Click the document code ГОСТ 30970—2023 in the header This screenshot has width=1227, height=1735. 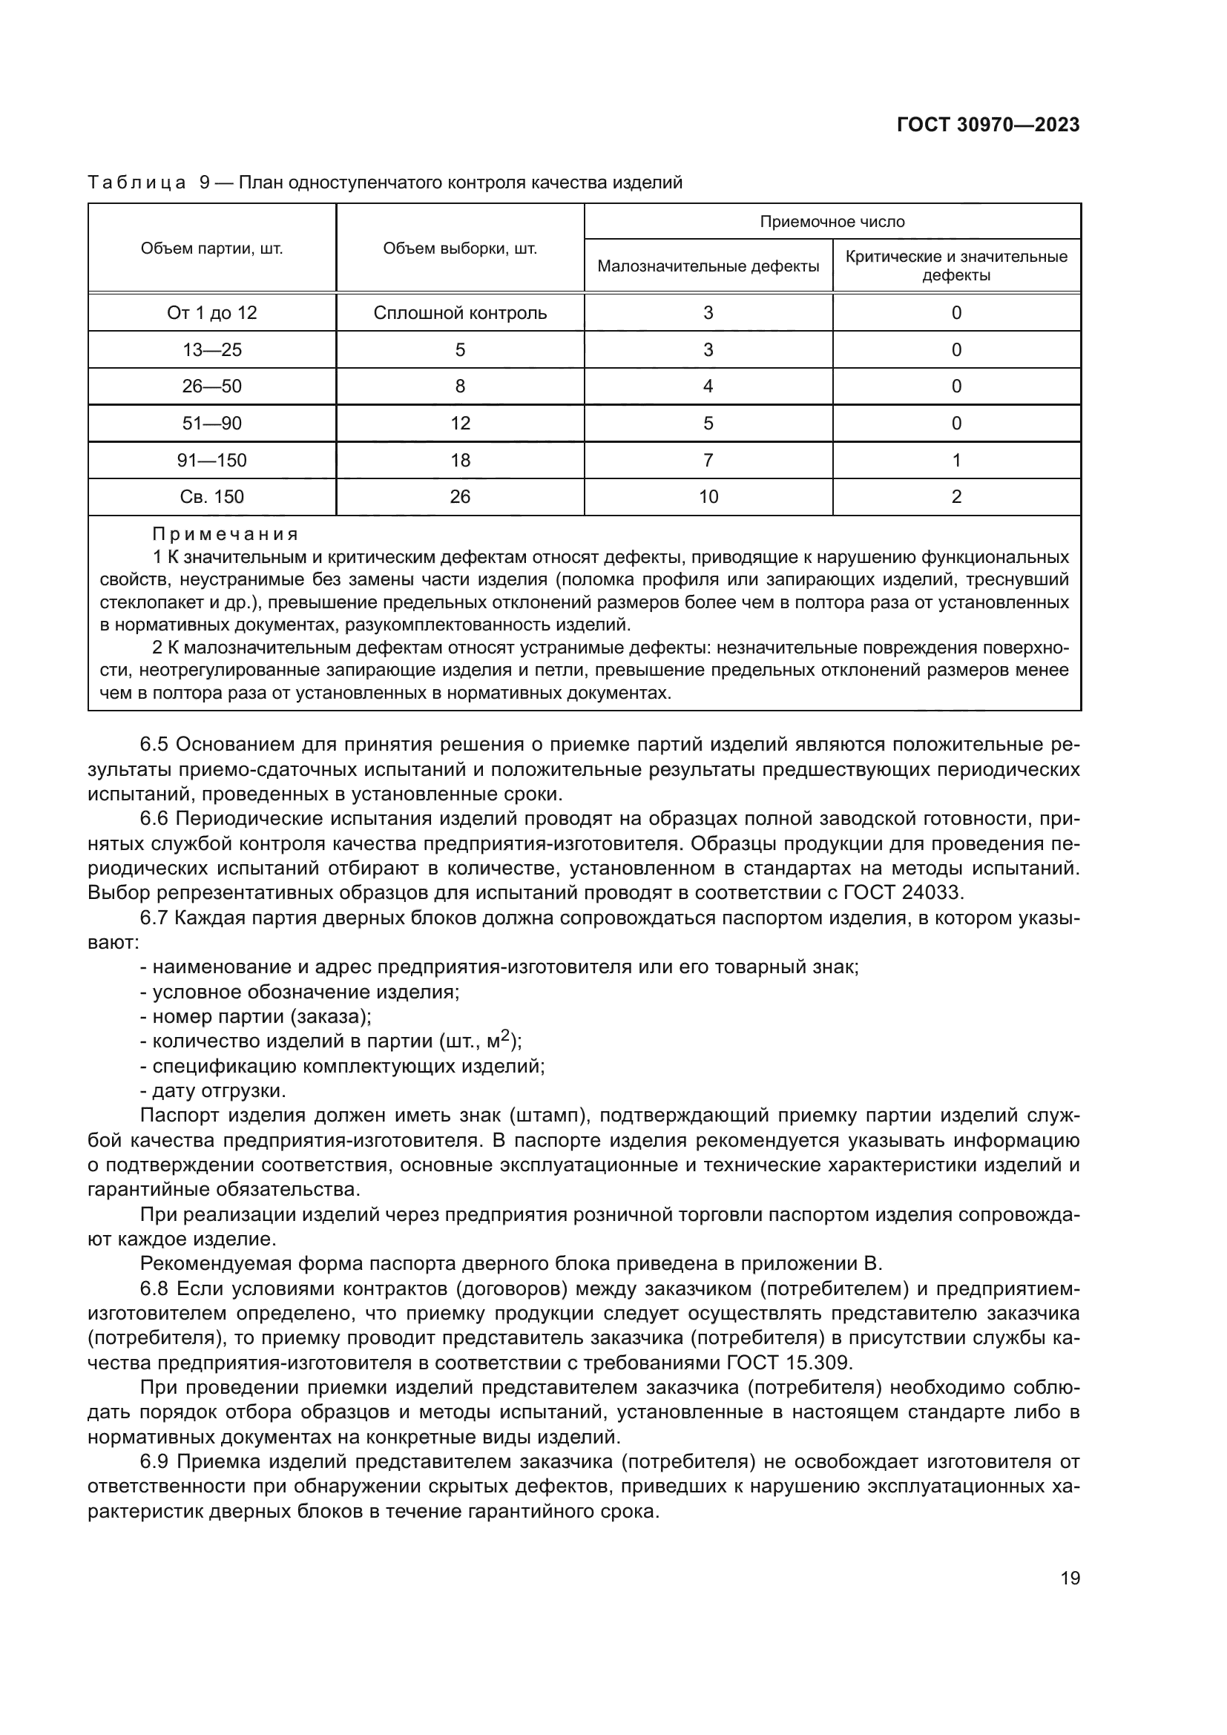[x=987, y=125]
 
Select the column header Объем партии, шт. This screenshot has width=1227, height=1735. [x=211, y=248]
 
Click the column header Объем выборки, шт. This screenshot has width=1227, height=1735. [x=460, y=248]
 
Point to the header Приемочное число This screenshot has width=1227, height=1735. [x=832, y=221]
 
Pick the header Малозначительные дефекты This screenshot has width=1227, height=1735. [x=708, y=266]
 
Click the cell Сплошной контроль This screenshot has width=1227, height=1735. [x=460, y=313]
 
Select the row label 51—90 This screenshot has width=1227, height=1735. [x=211, y=423]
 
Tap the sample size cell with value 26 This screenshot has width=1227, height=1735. [x=460, y=496]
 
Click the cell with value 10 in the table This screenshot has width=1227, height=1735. [x=708, y=496]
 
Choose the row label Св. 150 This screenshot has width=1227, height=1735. [x=211, y=496]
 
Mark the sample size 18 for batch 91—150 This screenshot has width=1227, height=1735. [x=460, y=460]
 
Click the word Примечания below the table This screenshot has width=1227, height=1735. [x=226, y=534]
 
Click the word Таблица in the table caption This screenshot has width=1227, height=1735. [x=136, y=183]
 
